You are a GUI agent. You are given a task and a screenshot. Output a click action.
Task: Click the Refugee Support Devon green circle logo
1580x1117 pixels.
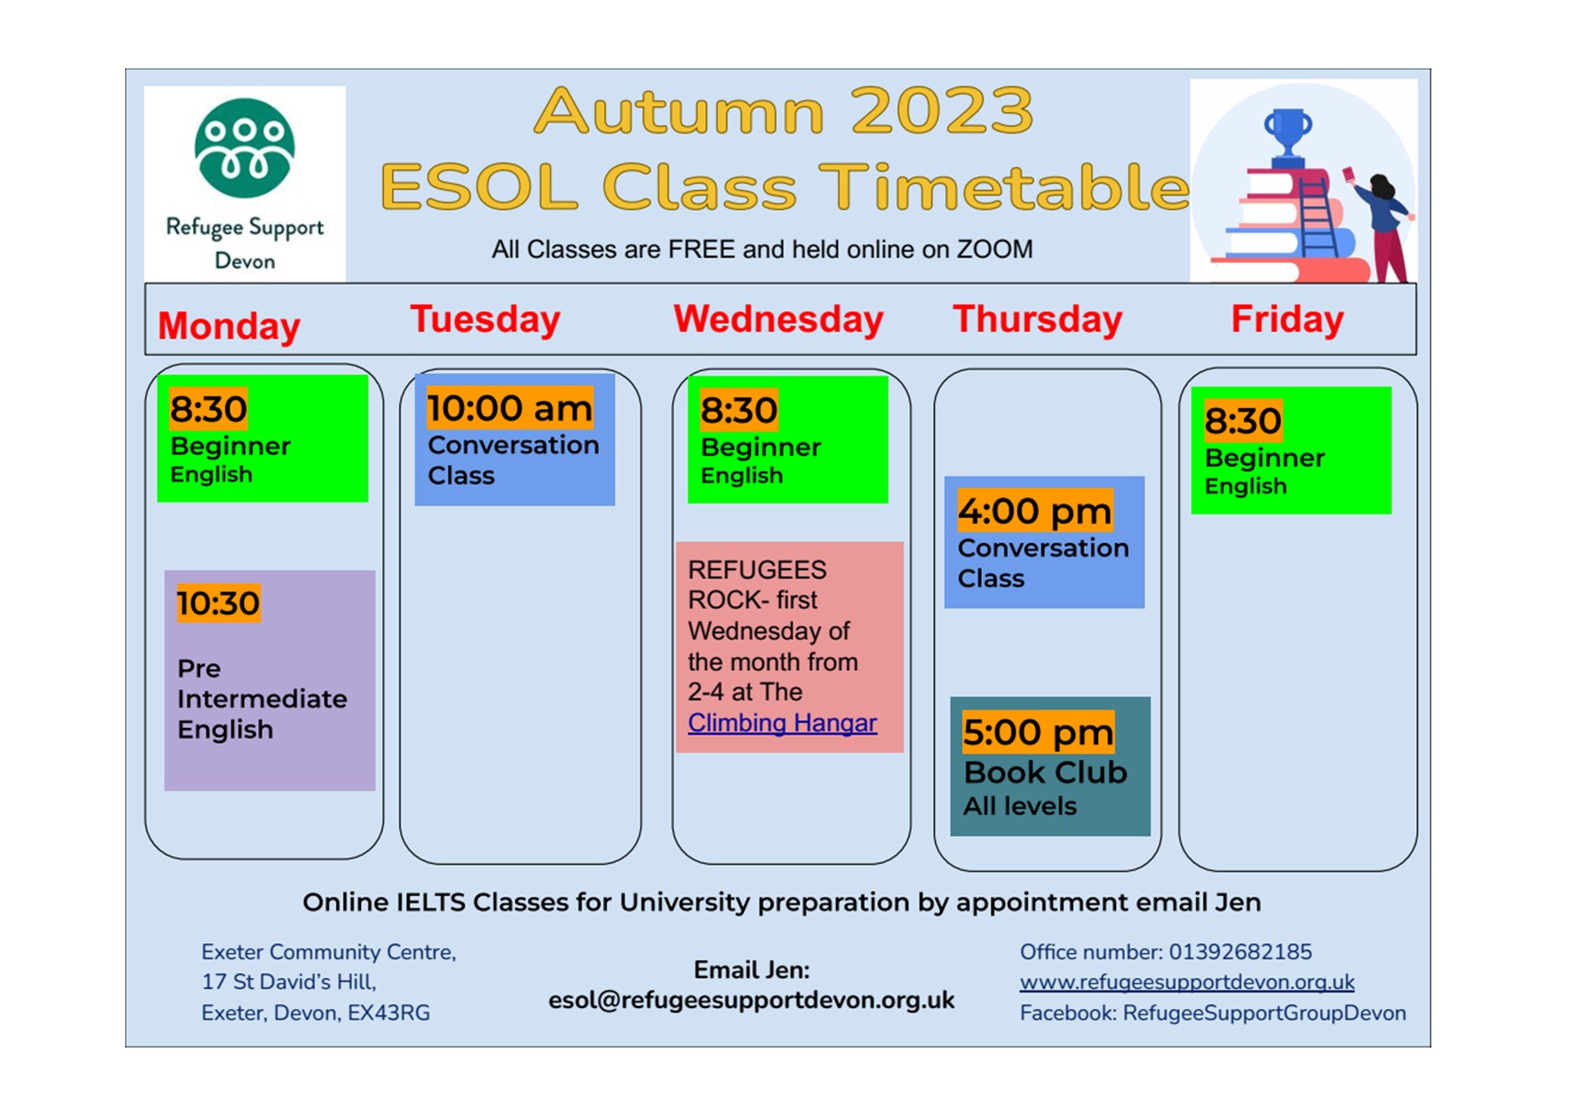click(244, 149)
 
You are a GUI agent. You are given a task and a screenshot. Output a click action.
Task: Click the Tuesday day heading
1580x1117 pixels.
click(485, 320)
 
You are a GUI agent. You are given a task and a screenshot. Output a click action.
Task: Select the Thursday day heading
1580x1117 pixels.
click(1038, 320)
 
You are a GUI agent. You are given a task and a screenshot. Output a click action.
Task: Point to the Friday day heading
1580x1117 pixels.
click(1287, 320)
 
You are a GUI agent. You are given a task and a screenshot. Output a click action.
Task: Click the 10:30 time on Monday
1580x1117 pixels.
click(218, 603)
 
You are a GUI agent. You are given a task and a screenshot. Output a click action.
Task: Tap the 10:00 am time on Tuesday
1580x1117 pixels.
click(510, 407)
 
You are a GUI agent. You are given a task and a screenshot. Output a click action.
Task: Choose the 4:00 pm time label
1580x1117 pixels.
click(1035, 511)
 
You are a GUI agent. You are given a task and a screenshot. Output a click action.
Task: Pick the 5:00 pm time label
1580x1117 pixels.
click(1038, 732)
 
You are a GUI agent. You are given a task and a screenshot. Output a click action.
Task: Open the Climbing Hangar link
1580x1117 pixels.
click(782, 722)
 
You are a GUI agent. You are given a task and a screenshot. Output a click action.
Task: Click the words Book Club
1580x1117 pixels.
click(1045, 772)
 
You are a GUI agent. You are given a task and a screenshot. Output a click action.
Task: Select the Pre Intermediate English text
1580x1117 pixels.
click(262, 699)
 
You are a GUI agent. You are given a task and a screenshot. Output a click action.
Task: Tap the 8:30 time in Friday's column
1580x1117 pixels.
click(1243, 421)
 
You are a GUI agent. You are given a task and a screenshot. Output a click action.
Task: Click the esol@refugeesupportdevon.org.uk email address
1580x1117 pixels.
click(751, 1001)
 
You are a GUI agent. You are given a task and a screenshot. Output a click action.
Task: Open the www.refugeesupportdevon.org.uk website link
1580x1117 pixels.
click(1187, 982)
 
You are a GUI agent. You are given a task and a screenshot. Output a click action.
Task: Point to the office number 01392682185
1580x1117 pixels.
click(1240, 952)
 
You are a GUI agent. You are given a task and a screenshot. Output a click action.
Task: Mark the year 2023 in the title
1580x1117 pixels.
click(942, 111)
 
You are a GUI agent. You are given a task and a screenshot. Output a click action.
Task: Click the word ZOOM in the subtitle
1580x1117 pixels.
click(994, 250)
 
